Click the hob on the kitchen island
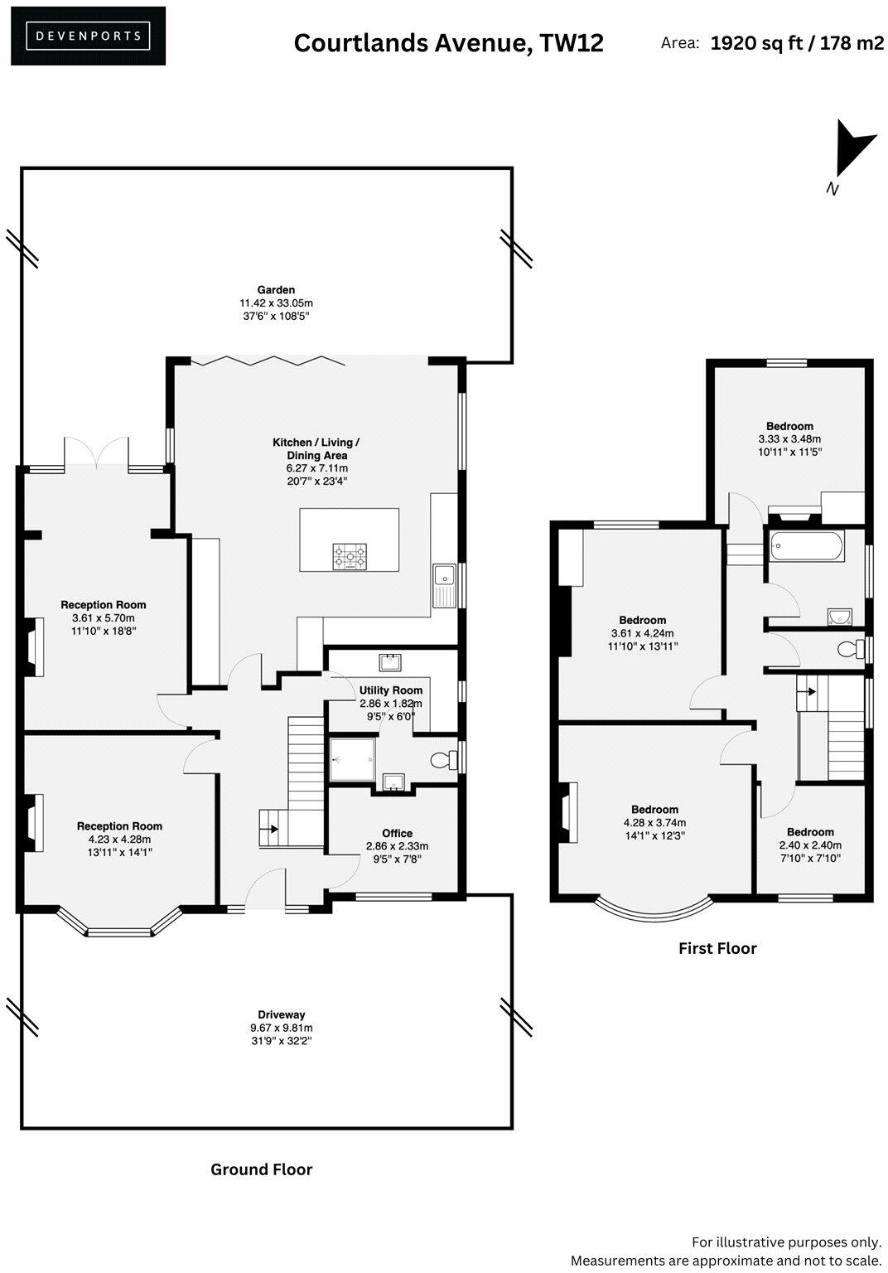coord(350,556)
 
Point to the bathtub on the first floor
coord(806,546)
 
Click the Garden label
coord(276,290)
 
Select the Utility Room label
coord(390,690)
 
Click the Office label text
coord(397,833)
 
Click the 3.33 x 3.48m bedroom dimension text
coord(789,439)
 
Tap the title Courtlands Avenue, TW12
coord(448,43)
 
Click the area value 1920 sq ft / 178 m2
coord(797,43)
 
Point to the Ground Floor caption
coord(261,1169)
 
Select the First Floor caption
coord(717,948)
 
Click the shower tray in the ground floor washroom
coord(352,759)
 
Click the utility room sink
coord(390,662)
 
